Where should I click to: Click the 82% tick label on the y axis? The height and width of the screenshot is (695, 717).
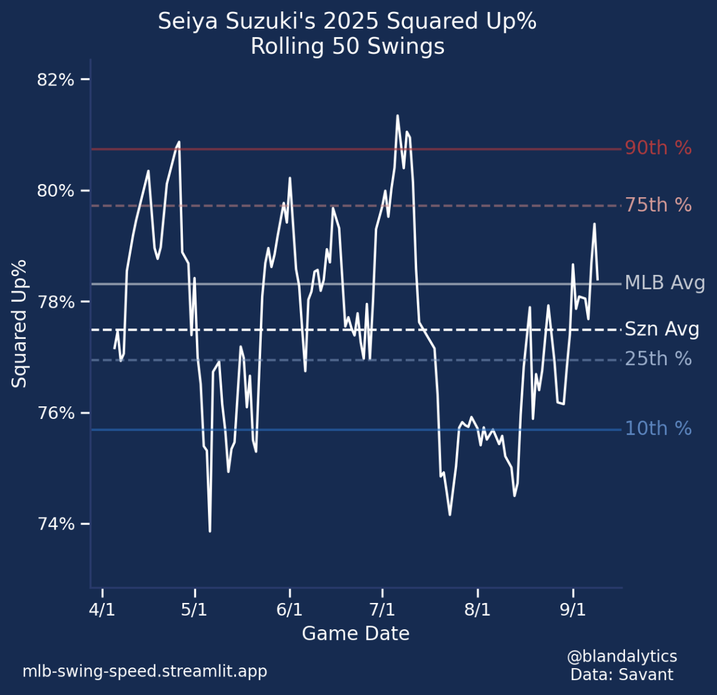56,79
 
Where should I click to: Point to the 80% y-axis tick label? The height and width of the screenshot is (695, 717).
56,191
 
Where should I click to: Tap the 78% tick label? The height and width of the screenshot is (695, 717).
56,302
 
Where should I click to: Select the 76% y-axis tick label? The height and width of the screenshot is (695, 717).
56,413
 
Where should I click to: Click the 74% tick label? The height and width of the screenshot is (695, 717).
56,524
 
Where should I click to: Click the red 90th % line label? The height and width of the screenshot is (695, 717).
658,148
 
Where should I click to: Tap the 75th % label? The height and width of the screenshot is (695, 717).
658,205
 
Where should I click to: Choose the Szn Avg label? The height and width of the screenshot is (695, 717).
661,329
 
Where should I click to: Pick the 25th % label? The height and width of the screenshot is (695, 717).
658,359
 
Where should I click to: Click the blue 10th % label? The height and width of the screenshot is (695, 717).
658,428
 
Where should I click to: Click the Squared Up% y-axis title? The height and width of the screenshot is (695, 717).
20,323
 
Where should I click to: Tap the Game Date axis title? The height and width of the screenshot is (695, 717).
356,633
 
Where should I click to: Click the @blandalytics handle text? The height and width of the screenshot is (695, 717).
621,656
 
